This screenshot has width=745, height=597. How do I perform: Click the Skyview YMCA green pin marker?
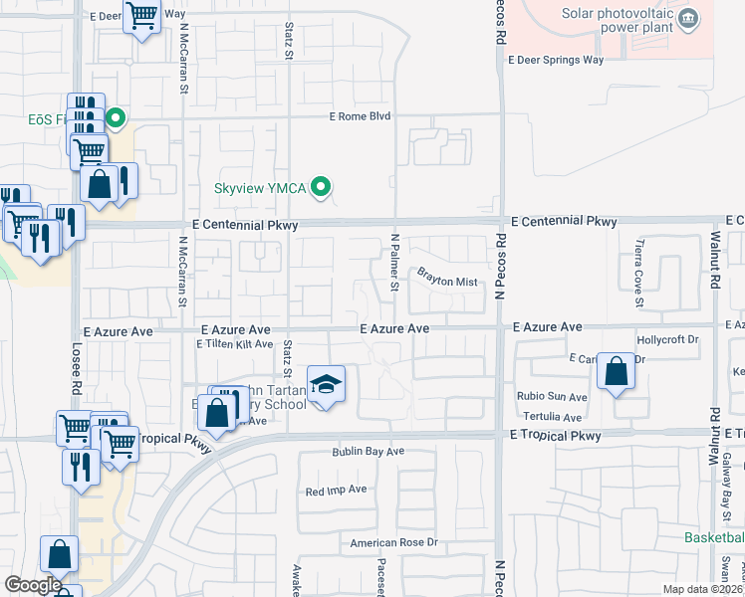[x=321, y=186]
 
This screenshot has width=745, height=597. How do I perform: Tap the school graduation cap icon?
[x=325, y=383]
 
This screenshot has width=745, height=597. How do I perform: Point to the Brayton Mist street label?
[x=447, y=276]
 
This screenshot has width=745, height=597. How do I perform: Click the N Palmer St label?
[x=394, y=262]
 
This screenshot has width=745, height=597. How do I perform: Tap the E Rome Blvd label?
[x=361, y=116]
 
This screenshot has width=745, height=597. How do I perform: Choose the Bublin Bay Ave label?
[x=368, y=452]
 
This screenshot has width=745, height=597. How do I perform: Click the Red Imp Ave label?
[x=337, y=491]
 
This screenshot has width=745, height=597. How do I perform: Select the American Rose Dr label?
[x=393, y=542]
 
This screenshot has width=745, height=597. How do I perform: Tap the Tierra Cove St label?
[x=639, y=273]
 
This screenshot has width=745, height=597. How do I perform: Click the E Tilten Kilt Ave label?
[x=233, y=344]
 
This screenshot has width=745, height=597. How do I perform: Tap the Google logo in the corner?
[x=33, y=585]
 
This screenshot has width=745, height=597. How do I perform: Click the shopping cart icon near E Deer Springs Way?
[x=142, y=16]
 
